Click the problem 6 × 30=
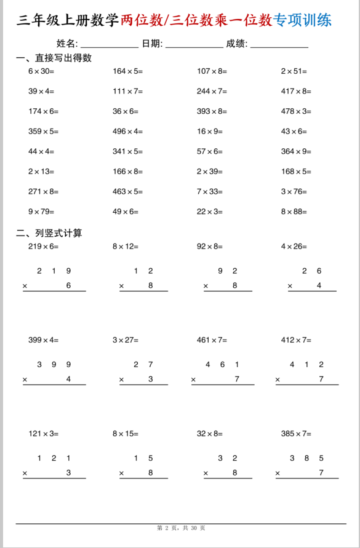(x=41, y=71)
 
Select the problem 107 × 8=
(x=212, y=71)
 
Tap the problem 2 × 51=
(x=294, y=71)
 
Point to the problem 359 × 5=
(x=43, y=131)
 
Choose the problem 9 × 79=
(x=41, y=212)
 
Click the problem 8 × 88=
(x=294, y=212)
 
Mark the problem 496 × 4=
(x=127, y=131)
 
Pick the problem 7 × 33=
(x=210, y=191)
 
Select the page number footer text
(x=181, y=528)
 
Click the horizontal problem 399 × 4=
(x=43, y=340)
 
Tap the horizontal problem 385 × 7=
(x=296, y=434)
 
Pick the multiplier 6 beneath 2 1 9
(x=68, y=286)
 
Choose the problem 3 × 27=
(x=126, y=340)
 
